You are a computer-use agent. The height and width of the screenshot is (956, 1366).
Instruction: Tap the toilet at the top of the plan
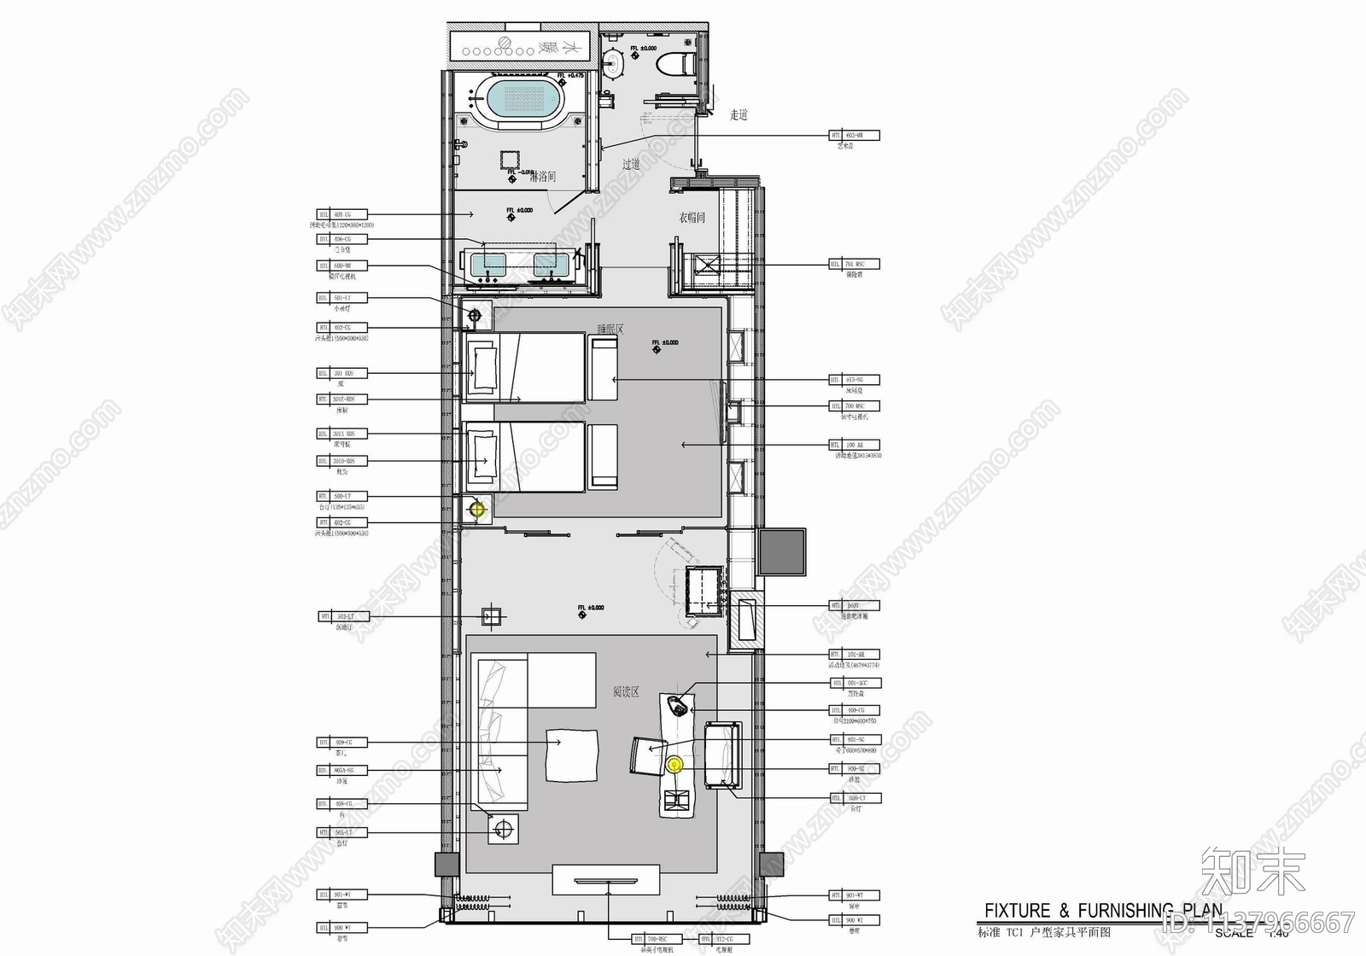point(669,61)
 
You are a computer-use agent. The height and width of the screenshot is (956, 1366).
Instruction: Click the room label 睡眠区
point(610,328)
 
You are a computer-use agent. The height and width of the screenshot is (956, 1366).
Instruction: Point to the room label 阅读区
point(626,691)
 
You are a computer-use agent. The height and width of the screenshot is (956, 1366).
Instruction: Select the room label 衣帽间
point(692,218)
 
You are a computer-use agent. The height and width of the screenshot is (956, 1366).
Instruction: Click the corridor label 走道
point(738,114)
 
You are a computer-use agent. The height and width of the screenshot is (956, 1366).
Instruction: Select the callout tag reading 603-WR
point(854,136)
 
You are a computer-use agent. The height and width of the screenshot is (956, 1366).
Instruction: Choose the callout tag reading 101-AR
point(854,655)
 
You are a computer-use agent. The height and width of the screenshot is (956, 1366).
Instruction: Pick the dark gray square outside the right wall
point(782,552)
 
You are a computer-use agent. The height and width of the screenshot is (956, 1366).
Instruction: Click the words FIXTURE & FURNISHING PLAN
point(1103,911)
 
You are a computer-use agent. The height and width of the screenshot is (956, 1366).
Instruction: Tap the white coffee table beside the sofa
point(570,755)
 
